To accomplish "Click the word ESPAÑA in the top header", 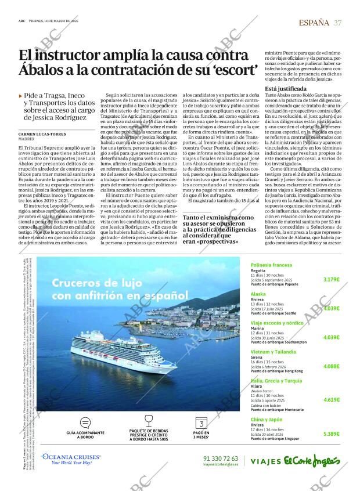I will (x=314, y=23).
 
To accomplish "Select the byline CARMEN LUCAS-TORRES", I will (x=42, y=134).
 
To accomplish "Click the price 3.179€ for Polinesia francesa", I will (x=331, y=279).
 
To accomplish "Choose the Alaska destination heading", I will (x=258, y=294).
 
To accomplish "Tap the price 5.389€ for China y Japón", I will (x=331, y=434).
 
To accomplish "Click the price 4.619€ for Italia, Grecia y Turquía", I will (x=331, y=400).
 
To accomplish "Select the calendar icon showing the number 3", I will (x=201, y=423).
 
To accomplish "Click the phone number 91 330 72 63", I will (x=221, y=458).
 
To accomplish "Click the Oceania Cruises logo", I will (x=73, y=460).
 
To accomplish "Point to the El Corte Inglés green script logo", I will (x=311, y=461).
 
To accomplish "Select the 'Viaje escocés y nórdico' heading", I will (x=277, y=322).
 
